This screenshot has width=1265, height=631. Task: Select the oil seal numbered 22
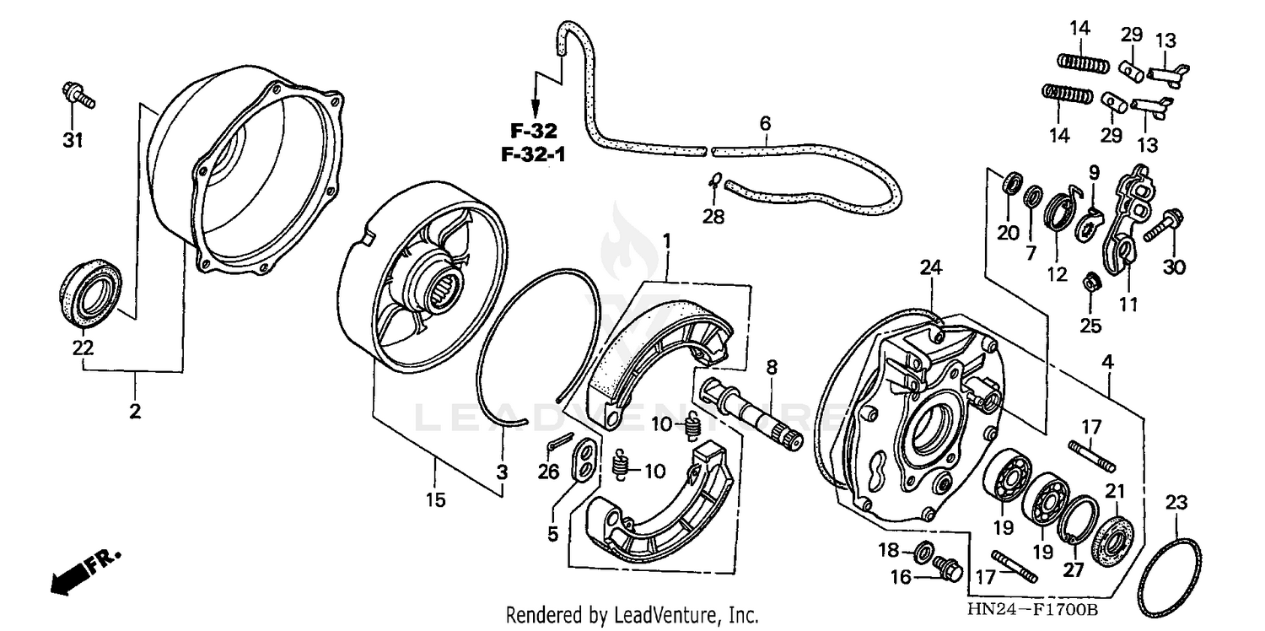tap(92, 291)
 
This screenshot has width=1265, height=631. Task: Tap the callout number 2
tap(135, 412)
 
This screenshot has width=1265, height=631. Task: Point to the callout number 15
tap(434, 499)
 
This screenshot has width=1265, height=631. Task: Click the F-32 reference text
tap(535, 131)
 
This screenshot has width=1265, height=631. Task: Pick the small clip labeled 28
tap(713, 180)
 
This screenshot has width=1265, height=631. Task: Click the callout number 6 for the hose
tap(764, 124)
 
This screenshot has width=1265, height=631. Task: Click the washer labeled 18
tap(923, 553)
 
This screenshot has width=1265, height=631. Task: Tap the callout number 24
tap(930, 269)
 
